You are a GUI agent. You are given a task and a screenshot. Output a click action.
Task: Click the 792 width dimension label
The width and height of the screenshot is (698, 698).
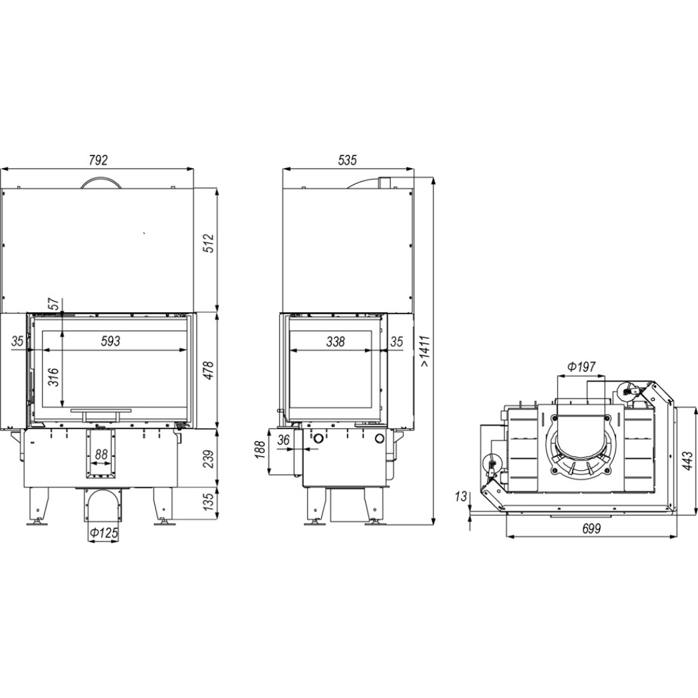[x=98, y=160]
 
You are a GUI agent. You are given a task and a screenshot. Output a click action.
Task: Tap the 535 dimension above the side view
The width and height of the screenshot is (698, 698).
[x=347, y=160]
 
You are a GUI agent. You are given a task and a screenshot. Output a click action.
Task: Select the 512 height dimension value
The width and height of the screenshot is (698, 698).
[x=209, y=242]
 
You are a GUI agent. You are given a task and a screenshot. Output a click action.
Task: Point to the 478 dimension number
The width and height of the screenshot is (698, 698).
[x=209, y=371]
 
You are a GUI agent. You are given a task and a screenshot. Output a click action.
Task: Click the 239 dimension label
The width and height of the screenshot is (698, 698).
[x=209, y=459]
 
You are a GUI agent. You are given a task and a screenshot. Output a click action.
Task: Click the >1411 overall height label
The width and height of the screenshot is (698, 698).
[x=425, y=351]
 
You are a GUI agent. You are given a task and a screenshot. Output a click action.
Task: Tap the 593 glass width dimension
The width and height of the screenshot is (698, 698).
[x=110, y=341]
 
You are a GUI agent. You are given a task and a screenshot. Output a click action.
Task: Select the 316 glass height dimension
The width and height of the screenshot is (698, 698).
[x=53, y=376]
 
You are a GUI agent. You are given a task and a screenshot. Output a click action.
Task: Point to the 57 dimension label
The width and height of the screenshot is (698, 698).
[x=53, y=304]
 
